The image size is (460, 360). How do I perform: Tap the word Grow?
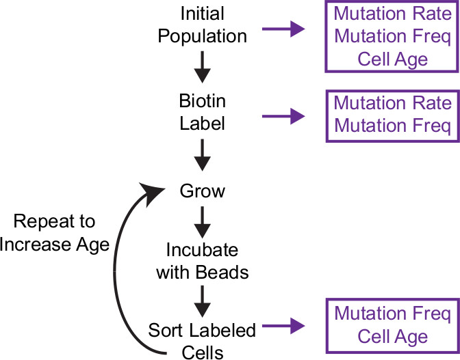click(202, 191)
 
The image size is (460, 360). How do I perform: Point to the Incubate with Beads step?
click(202, 262)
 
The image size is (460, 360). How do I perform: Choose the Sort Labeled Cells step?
click(202, 340)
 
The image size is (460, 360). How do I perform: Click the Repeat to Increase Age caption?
click(55, 233)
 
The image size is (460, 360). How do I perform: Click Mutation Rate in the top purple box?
click(392, 13)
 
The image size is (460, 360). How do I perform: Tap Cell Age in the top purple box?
click(392, 58)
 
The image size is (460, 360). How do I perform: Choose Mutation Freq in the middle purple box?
click(392, 126)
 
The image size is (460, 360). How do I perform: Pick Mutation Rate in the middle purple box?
click(392, 103)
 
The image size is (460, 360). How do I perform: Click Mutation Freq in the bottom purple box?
click(392, 314)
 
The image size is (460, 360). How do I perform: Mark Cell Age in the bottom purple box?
click(392, 337)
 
